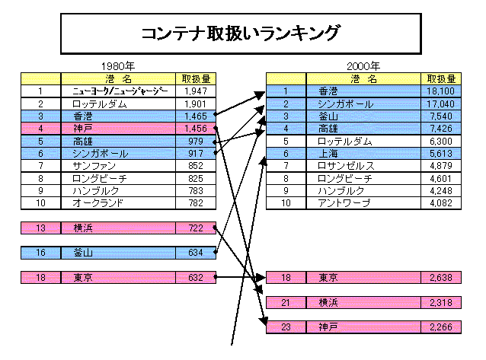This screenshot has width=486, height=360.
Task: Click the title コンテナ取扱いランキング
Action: [x=241, y=33]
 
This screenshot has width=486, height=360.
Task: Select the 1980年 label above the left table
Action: [x=118, y=66]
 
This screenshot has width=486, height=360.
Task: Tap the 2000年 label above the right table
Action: [x=363, y=66]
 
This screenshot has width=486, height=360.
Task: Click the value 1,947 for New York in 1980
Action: [x=196, y=91]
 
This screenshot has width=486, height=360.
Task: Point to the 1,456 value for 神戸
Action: [x=196, y=129]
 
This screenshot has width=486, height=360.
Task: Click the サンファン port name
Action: [x=94, y=166]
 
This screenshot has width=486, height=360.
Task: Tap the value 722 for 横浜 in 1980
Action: [x=196, y=228]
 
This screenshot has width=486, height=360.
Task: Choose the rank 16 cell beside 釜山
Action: [x=40, y=253]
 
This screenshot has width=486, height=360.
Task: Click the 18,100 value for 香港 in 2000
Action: [x=441, y=91]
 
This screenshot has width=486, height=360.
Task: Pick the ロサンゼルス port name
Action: [x=346, y=166]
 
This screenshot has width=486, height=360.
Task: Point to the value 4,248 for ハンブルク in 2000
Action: [x=441, y=191]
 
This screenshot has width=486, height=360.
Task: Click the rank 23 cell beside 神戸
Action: [x=286, y=327]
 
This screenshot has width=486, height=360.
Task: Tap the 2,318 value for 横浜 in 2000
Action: [x=441, y=302]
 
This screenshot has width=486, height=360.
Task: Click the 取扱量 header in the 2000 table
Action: [x=441, y=79]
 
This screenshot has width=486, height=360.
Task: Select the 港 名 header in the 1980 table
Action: [x=118, y=79]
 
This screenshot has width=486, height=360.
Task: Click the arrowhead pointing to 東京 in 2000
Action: [x=261, y=278]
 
